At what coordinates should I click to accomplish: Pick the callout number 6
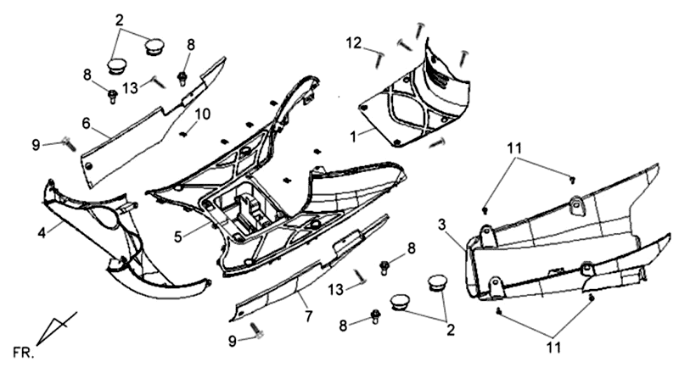[x=86, y=124]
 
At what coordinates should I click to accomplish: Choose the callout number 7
[x=309, y=317]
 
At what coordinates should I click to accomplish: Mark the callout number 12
[x=353, y=43]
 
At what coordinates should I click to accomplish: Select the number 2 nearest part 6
[x=119, y=19]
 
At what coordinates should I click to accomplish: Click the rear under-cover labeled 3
[x=552, y=246]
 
